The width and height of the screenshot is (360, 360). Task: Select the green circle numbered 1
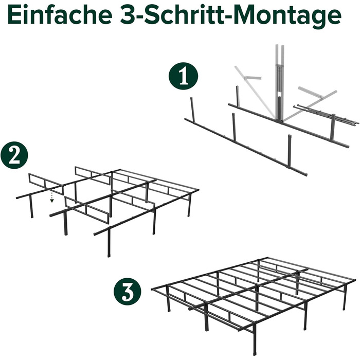[x=183, y=76]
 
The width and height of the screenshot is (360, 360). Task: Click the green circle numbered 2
[x=14, y=155]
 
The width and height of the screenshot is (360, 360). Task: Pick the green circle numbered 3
[x=128, y=292]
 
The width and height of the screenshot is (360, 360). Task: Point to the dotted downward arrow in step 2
[x=52, y=197]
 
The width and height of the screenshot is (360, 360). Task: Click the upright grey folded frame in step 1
[x=280, y=83]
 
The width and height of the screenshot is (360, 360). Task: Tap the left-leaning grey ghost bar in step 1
[x=255, y=92]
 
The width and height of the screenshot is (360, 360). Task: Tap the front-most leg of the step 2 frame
[x=109, y=242]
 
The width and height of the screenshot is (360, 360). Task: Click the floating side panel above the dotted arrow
[x=46, y=184]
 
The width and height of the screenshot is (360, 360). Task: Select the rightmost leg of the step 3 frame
[x=345, y=297]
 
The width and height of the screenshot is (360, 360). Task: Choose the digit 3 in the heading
[x=128, y=15]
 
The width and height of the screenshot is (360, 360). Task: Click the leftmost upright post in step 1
[x=192, y=110]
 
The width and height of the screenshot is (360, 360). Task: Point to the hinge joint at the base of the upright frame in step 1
[x=280, y=120]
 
